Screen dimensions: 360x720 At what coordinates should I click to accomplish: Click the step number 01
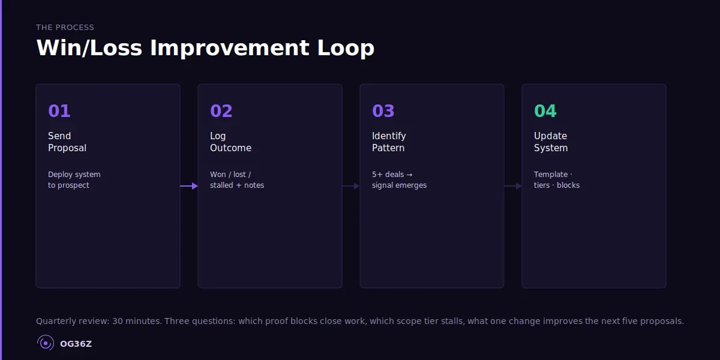59,111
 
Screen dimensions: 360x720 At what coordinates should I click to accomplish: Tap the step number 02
221,111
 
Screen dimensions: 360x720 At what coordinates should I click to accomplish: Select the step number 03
383,111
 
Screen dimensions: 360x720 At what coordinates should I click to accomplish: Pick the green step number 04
545,111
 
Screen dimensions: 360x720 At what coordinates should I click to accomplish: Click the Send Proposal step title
67,142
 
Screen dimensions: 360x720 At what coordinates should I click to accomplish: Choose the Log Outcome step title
230,142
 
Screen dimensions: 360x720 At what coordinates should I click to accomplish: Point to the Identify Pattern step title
389,142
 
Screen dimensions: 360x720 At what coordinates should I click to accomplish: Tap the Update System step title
551,142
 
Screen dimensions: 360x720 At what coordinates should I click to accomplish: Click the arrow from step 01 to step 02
189,186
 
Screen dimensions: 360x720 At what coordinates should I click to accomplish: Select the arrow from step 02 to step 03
351,186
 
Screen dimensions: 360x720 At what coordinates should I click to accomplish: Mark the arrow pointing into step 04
513,186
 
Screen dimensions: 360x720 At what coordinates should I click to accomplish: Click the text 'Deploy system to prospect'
74,180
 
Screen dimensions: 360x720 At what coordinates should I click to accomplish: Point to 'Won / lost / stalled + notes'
236,180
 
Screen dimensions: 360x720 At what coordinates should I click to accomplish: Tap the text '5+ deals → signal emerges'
399,180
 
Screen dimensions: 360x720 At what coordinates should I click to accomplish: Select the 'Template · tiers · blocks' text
557,180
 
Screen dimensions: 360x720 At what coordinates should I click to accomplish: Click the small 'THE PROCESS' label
65,28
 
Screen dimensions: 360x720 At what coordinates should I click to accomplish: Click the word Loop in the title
346,48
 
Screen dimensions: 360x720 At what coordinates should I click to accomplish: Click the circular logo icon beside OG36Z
46,343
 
